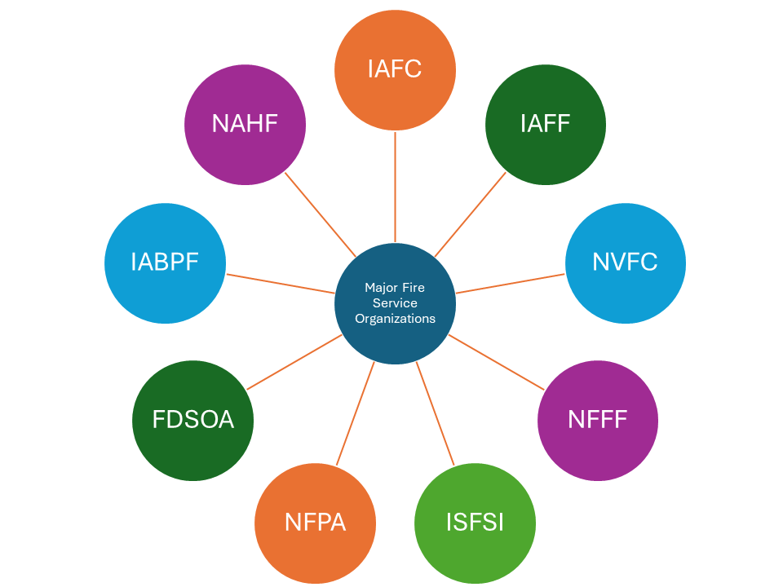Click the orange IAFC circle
[x=395, y=69]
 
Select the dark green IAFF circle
[x=545, y=124]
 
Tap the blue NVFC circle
[x=625, y=263]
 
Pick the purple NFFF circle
[x=597, y=420]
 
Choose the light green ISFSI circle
[x=475, y=523]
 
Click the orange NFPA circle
[x=315, y=523]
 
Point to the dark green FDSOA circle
[x=192, y=420]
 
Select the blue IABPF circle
[x=165, y=263]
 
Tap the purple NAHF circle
[x=245, y=124]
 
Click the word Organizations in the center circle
[x=395, y=319]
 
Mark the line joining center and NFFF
[x=496, y=361]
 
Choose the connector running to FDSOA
[x=294, y=361]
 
